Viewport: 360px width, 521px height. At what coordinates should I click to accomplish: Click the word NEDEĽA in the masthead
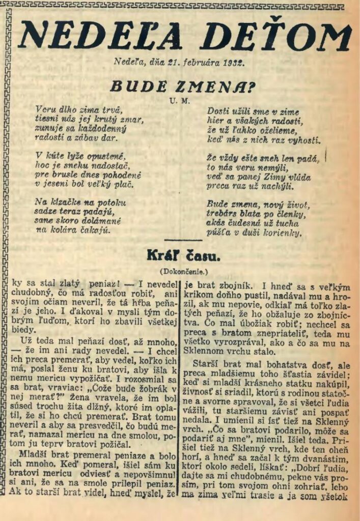click(100, 37)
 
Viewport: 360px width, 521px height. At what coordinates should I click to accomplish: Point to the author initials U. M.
click(180, 101)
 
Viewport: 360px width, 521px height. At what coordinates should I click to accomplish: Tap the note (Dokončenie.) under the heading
click(180, 271)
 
